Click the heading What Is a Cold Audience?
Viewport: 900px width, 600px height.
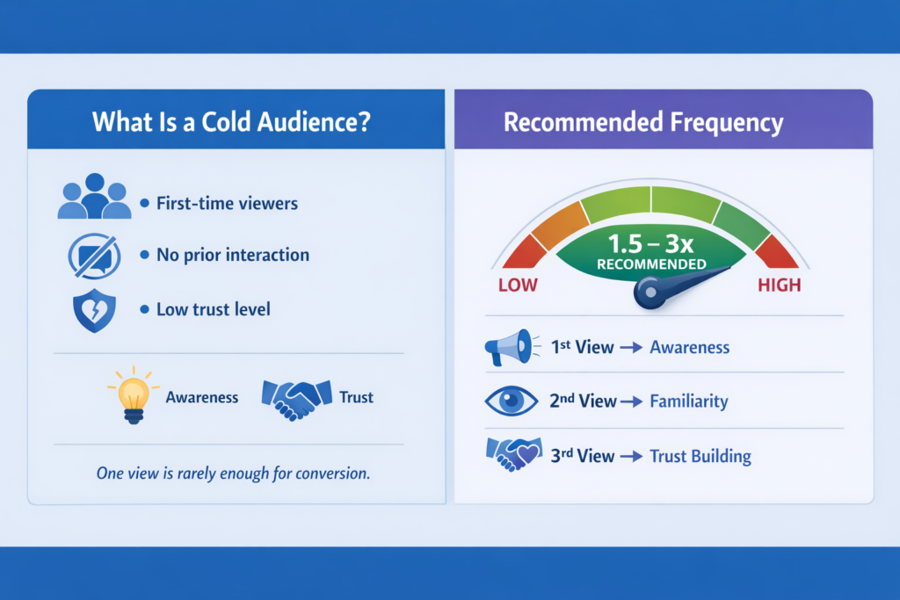[x=230, y=121]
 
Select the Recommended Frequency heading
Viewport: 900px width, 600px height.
[x=643, y=121]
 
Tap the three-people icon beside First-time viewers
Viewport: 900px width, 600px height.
[x=94, y=197]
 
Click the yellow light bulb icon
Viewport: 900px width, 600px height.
[x=134, y=395]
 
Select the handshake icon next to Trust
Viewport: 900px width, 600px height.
[x=296, y=397]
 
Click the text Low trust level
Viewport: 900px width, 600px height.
[x=213, y=309]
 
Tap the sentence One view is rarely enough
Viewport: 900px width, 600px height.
[x=232, y=473]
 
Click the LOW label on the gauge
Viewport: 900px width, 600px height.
[x=518, y=286]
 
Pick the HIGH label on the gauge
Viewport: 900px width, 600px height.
[x=779, y=286]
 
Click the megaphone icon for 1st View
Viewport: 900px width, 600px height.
[x=508, y=347]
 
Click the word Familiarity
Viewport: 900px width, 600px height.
[x=689, y=401]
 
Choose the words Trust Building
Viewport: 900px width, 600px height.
[x=700, y=456]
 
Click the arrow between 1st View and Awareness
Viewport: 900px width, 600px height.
[x=632, y=348]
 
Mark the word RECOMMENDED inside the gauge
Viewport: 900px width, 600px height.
[x=650, y=264]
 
